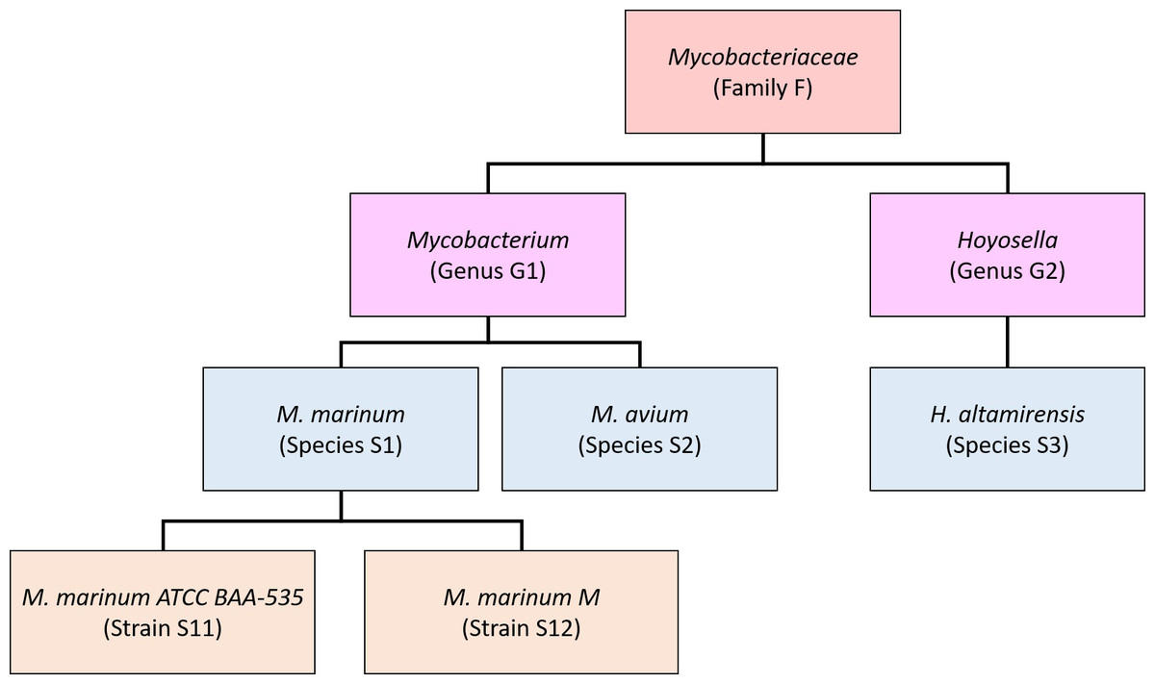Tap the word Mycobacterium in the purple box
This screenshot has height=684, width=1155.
click(x=487, y=239)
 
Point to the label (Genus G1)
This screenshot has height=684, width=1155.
click(x=487, y=271)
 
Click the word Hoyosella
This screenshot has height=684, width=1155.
click(x=1007, y=239)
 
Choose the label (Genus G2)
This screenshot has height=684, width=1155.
click(x=1007, y=271)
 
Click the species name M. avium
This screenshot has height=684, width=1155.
click(x=639, y=414)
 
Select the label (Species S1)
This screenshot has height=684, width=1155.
click(x=341, y=445)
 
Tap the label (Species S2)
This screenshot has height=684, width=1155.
click(x=639, y=445)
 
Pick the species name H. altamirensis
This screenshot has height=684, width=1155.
click(x=1007, y=414)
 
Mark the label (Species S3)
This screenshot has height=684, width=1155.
click(x=1007, y=445)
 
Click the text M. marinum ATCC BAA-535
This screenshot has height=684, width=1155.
click(x=163, y=597)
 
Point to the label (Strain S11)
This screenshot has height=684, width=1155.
click(x=163, y=629)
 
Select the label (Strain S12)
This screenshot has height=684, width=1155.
click(x=521, y=629)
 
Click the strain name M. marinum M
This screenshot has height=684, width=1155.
click(x=521, y=597)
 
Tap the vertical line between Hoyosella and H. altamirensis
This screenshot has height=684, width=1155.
click(x=1007, y=342)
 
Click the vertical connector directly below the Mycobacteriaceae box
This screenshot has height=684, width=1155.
click(x=762, y=148)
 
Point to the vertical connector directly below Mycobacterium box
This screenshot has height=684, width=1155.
click(x=487, y=328)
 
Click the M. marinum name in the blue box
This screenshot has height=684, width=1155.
click(x=341, y=414)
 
